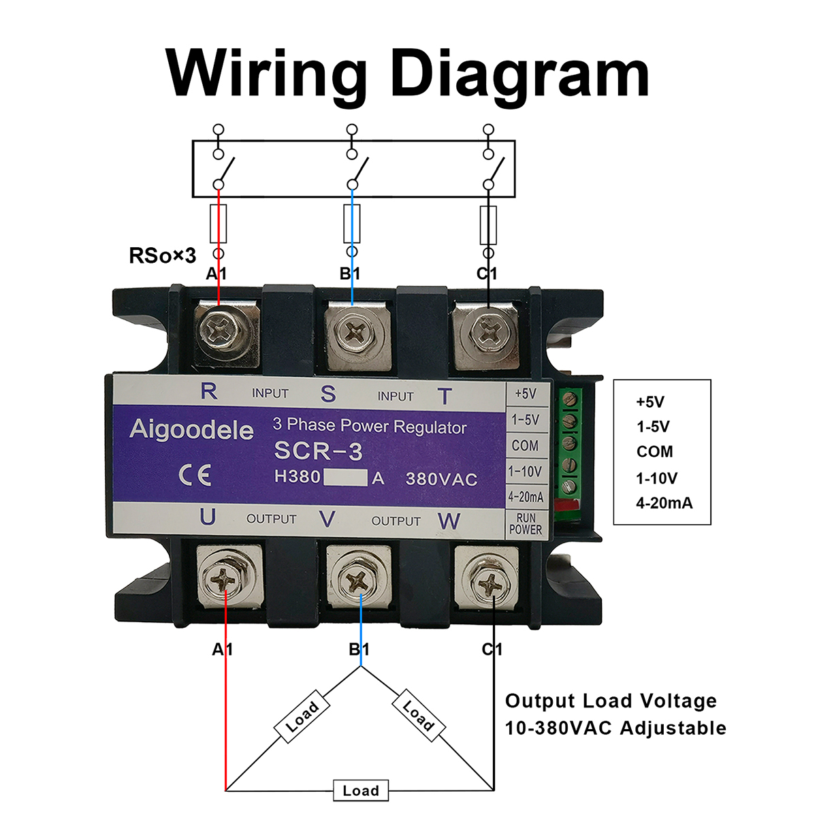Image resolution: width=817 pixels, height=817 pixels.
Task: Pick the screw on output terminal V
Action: tap(357, 581)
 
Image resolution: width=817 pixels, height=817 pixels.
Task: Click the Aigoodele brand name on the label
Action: tap(191, 430)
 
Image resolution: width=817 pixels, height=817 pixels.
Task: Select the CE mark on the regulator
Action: tap(195, 475)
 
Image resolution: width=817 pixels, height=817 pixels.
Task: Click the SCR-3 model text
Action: tap(318, 451)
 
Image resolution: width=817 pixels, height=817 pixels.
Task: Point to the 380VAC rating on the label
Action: tap(441, 479)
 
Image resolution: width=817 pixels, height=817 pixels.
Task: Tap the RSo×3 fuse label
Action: tap(163, 256)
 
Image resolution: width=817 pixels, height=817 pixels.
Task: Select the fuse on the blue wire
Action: tap(352, 223)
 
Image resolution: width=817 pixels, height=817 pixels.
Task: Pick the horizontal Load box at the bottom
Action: tap(361, 790)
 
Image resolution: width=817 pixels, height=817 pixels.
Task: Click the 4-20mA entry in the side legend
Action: tap(664, 503)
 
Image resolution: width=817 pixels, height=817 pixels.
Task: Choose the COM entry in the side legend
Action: tap(654, 452)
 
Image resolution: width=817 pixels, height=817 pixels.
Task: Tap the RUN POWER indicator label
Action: tap(526, 524)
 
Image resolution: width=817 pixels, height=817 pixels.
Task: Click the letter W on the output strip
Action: tap(449, 521)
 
